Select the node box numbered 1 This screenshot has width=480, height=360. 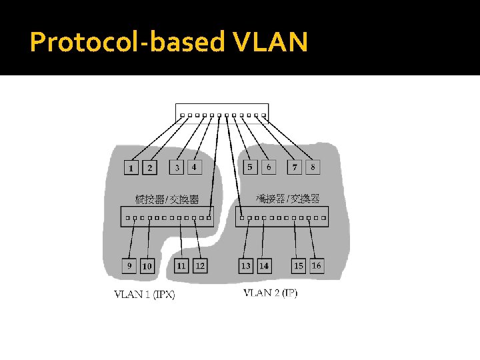(x=131, y=167)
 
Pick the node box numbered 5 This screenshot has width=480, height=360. (x=249, y=167)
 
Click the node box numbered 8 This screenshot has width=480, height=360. (x=313, y=167)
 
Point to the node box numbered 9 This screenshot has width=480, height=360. (x=130, y=265)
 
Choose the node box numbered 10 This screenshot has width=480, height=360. (x=147, y=265)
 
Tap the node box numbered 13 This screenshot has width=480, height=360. (x=246, y=265)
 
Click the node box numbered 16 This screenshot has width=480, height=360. (x=317, y=265)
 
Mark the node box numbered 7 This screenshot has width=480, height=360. (x=295, y=167)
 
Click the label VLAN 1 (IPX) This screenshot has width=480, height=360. (x=145, y=294)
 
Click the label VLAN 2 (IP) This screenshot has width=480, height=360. (x=270, y=293)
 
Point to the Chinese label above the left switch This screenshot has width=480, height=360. (x=167, y=199)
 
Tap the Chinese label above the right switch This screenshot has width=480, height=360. (x=288, y=199)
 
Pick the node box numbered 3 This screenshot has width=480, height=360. (x=177, y=167)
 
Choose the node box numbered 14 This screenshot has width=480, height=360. (x=264, y=265)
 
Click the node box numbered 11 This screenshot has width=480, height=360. (x=181, y=265)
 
